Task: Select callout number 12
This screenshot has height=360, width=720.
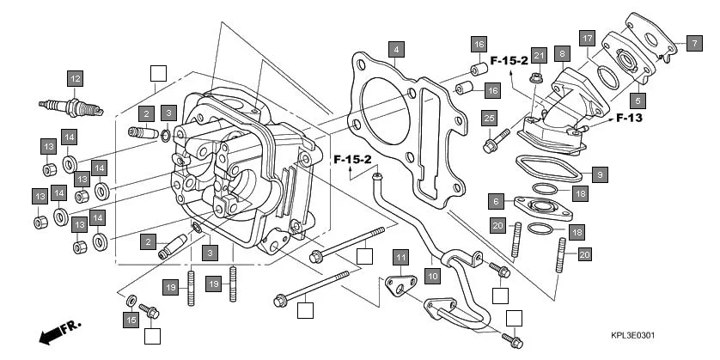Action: point(75,80)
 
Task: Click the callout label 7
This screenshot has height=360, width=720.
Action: point(693,43)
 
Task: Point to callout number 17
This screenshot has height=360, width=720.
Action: point(587,39)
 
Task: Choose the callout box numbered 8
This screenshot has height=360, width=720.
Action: point(562,53)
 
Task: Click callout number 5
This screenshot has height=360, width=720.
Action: point(638,100)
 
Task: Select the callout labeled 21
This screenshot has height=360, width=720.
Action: point(538,56)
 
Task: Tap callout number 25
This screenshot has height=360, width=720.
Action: point(489,118)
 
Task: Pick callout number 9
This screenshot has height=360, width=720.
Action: point(600,174)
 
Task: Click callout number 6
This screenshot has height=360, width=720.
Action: point(496,201)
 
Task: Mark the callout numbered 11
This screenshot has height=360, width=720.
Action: point(400,257)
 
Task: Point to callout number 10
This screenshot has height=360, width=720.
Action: point(432,276)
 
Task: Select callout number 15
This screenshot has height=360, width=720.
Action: point(131,320)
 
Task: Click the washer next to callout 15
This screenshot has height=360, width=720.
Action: point(131,301)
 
